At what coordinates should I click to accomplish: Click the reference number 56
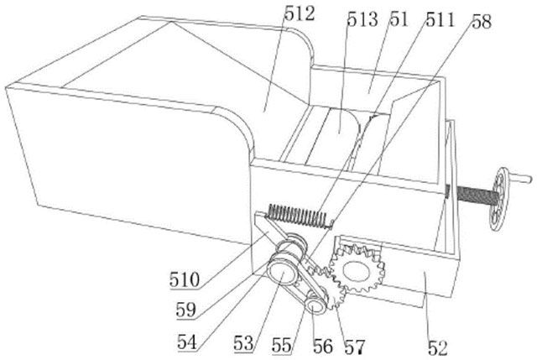click(x=321, y=345)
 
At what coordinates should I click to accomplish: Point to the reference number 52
click(x=437, y=344)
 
